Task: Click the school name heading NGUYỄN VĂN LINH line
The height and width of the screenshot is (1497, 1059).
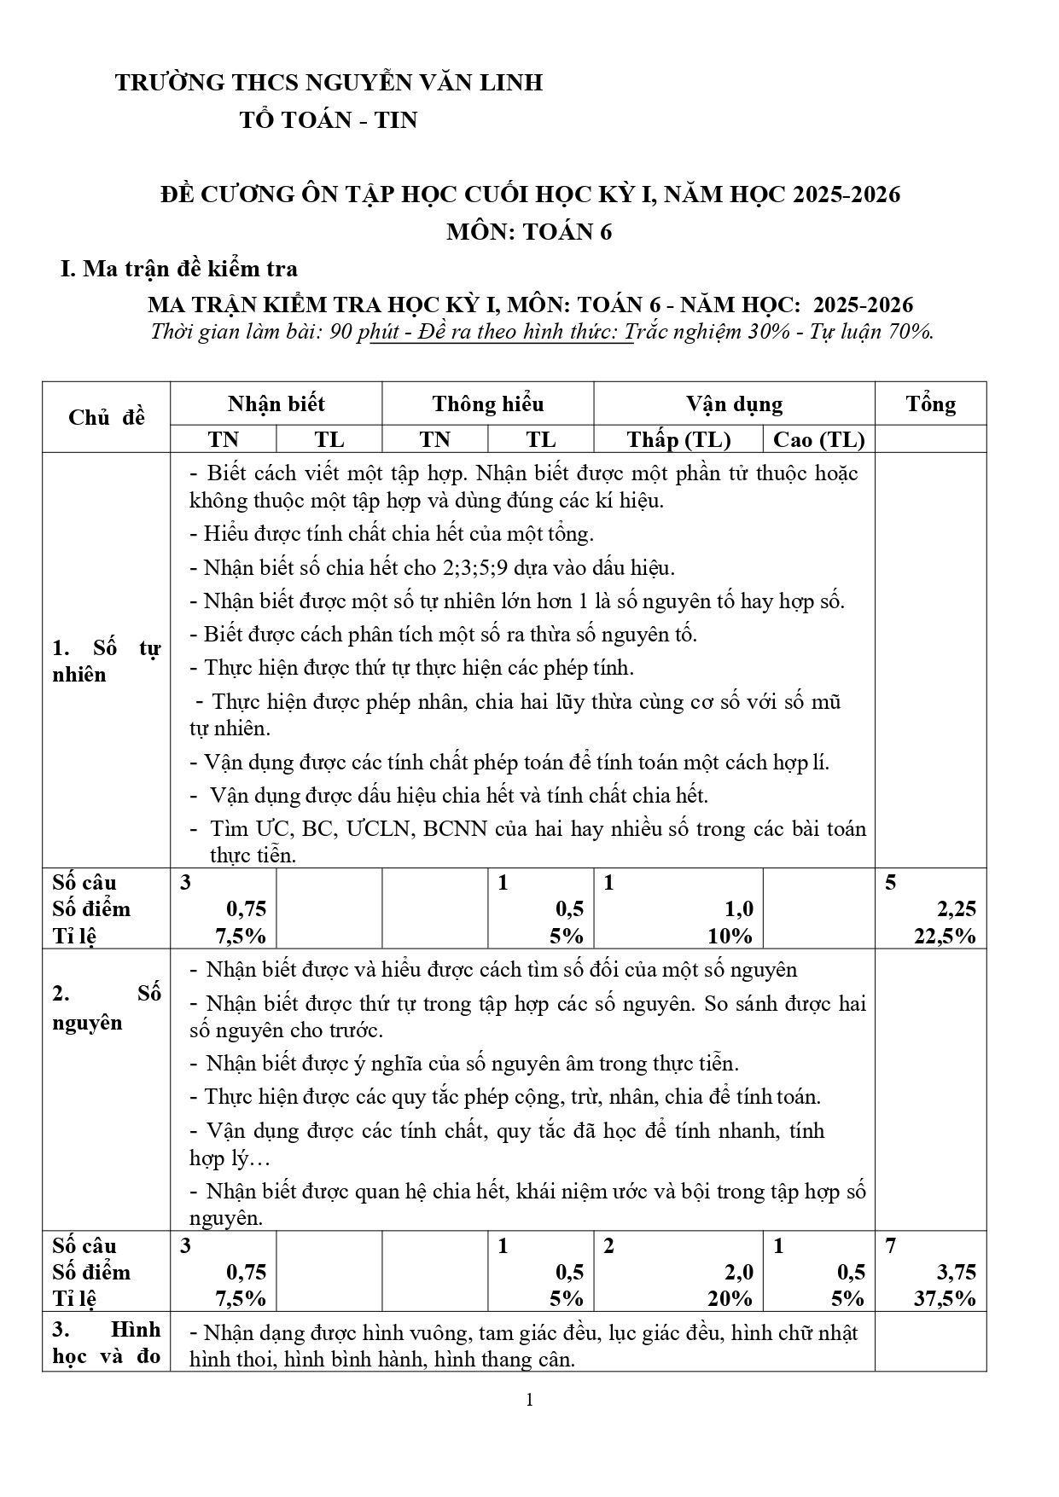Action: click(329, 83)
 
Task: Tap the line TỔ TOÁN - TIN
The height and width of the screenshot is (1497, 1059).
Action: click(329, 120)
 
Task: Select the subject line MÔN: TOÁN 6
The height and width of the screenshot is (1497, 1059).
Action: click(529, 232)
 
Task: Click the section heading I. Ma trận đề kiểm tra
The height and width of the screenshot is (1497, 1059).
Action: click(179, 269)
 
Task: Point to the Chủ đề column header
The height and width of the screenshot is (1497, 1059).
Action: click(107, 417)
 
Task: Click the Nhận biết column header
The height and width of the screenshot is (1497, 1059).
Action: click(276, 404)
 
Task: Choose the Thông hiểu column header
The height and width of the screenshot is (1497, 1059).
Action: click(487, 404)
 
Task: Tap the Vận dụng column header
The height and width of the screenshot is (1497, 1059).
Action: click(734, 404)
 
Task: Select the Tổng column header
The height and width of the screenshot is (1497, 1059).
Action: click(930, 404)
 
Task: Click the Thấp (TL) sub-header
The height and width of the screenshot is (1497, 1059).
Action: click(678, 439)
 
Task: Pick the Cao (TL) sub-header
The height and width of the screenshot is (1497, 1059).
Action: click(818, 439)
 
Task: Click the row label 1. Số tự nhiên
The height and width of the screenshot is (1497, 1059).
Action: click(107, 662)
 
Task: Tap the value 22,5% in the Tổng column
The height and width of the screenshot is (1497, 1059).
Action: click(945, 936)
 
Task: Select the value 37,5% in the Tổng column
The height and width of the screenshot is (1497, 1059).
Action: click(945, 1298)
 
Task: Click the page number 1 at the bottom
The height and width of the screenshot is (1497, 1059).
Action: click(530, 1399)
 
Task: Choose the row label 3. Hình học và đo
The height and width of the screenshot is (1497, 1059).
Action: click(107, 1343)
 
